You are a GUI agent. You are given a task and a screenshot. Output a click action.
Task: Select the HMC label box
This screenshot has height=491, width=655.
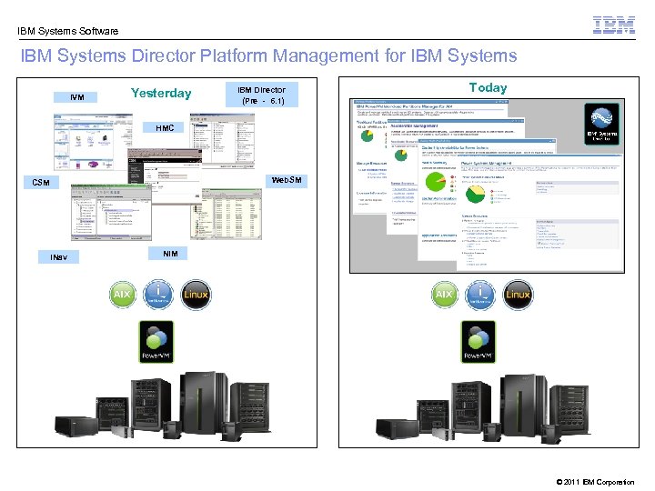pyautogui.click(x=165, y=128)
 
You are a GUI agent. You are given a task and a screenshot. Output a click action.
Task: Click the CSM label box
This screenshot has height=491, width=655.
pyautogui.click(x=40, y=183)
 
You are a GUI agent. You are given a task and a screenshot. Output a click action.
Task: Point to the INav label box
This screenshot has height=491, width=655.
pyautogui.click(x=59, y=257)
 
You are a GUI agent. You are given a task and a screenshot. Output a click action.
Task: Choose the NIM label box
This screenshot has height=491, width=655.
pyautogui.click(x=170, y=253)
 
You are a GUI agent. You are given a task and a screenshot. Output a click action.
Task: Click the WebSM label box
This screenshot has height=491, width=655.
pyautogui.click(x=287, y=180)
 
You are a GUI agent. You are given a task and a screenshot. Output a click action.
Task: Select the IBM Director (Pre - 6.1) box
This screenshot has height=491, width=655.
pyautogui.click(x=262, y=95)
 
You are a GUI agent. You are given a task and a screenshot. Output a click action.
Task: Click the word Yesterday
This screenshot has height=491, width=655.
pyautogui.click(x=161, y=93)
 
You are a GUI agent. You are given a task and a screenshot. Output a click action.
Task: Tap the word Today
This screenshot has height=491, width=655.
pyautogui.click(x=488, y=87)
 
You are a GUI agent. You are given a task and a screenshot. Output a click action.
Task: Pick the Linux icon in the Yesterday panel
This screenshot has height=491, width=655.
pyautogui.click(x=196, y=295)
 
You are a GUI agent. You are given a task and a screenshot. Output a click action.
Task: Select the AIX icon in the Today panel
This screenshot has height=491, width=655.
pyautogui.click(x=445, y=295)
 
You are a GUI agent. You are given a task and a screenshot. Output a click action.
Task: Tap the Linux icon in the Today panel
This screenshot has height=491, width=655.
pyautogui.click(x=518, y=295)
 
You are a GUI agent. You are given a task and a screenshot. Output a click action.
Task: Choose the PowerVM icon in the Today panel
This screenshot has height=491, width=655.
pyautogui.click(x=479, y=342)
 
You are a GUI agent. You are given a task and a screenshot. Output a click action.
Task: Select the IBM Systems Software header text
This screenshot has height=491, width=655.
pyautogui.click(x=68, y=31)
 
